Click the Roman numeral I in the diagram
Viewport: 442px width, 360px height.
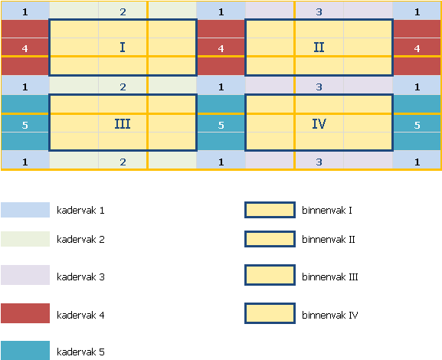click(123, 47)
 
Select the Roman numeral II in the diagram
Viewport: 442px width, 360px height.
click(319, 47)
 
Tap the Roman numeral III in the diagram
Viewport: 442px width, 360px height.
click(123, 124)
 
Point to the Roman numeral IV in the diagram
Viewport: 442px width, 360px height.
click(319, 124)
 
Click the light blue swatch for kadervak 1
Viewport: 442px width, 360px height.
click(25, 210)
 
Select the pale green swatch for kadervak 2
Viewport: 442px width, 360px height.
click(25, 239)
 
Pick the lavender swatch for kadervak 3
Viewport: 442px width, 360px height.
click(25, 275)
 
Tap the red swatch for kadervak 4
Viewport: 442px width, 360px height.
click(25, 313)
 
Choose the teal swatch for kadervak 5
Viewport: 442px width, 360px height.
click(25, 350)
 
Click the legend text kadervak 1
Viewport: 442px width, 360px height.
click(80, 211)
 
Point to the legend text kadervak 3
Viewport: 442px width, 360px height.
click(80, 277)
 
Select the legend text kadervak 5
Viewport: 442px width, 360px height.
click(80, 352)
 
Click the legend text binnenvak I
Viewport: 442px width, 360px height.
click(327, 211)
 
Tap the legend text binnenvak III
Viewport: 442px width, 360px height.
click(330, 277)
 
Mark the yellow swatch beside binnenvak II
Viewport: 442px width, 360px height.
click(270, 239)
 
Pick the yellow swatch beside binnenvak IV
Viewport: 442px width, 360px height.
click(270, 313)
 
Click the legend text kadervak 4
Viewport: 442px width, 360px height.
click(80, 315)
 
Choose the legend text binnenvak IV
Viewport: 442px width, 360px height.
click(330, 315)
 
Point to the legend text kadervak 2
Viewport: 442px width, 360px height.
click(80, 239)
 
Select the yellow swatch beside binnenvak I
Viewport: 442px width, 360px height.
click(270, 210)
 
